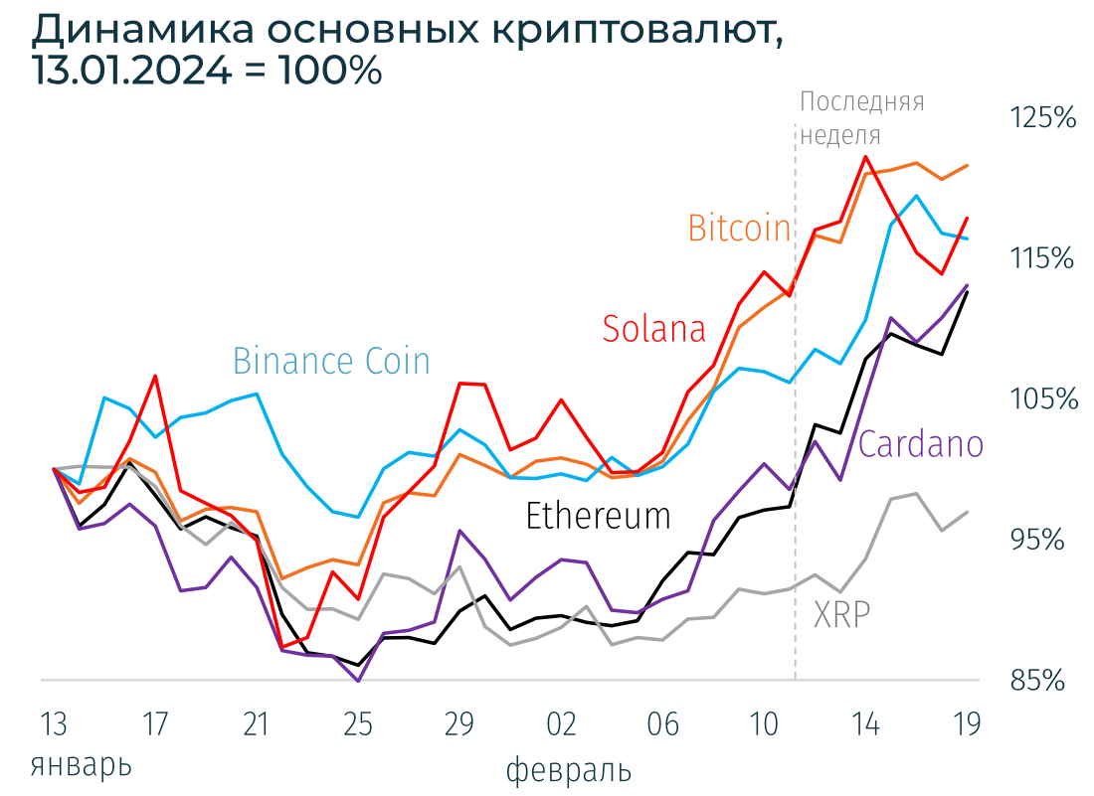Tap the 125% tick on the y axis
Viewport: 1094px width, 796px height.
[1043, 118]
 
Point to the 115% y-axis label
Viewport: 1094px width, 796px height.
[1043, 258]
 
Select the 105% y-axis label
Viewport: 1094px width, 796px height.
[1043, 399]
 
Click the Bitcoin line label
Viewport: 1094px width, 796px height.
[739, 229]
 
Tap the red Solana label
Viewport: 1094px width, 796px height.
[653, 328]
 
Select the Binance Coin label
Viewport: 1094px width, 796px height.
[331, 361]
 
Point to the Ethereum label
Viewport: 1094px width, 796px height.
[598, 516]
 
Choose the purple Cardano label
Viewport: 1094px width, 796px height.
[920, 444]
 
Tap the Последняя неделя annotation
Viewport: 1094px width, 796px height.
[861, 118]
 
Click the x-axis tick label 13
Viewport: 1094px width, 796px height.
[54, 724]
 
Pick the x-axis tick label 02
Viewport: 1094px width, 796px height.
[561, 724]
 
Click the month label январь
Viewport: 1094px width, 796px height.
[81, 766]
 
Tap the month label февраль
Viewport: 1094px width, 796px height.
[568, 770]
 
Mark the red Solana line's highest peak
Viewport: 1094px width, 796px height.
[866, 156]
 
